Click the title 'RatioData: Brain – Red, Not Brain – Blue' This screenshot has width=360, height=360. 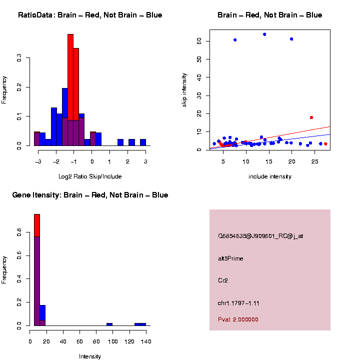(90, 15)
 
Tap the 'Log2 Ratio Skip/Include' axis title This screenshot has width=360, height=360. (89, 176)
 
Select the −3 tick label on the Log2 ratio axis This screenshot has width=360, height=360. (38, 161)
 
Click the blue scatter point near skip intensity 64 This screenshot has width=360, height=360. (264, 34)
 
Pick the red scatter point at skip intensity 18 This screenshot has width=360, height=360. (311, 117)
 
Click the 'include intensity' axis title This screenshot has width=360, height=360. (269, 176)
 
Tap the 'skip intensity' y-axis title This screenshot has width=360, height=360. (184, 89)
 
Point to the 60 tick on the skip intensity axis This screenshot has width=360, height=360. (198, 41)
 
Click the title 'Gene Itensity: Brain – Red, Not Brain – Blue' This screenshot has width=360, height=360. (90, 195)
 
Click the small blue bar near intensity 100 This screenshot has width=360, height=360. (109, 324)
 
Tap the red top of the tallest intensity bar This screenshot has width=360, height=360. (37, 225)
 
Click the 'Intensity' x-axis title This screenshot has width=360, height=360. (90, 356)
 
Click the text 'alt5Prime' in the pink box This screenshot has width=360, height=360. (230, 258)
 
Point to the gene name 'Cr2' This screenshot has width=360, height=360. (223, 280)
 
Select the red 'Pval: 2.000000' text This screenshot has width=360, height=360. (238, 319)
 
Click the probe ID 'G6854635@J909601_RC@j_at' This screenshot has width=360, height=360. (260, 236)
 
